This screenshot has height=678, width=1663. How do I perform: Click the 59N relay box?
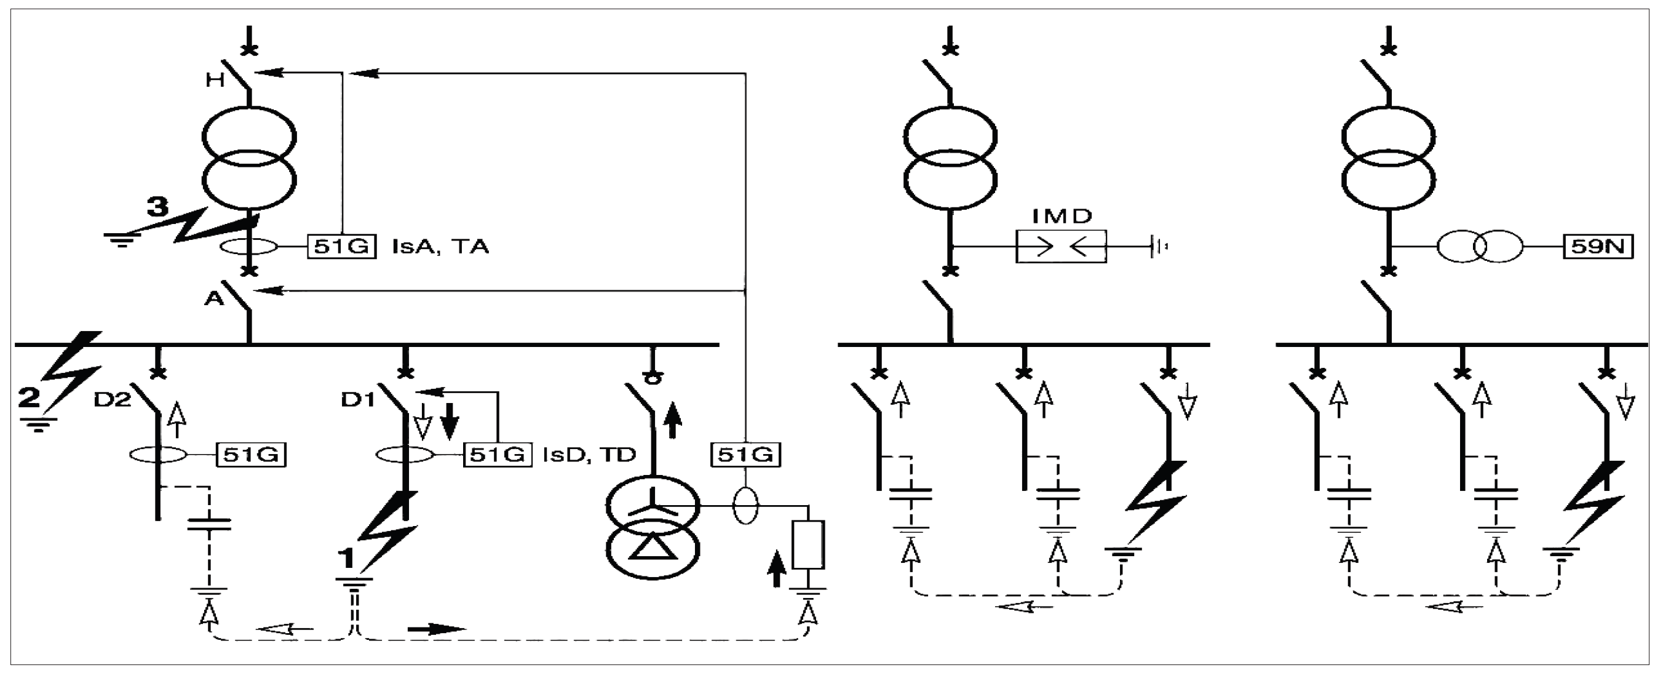[x=1598, y=247]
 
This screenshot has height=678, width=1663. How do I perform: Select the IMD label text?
[x=1062, y=216]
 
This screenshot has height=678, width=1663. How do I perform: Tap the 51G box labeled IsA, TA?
[x=341, y=246]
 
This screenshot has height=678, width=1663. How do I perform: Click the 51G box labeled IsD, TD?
[x=497, y=455]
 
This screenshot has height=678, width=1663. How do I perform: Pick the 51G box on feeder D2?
[x=250, y=455]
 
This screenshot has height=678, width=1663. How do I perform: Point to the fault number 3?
[x=157, y=207]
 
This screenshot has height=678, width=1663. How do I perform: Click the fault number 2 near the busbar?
[x=28, y=397]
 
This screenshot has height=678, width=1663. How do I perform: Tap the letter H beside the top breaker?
[x=215, y=80]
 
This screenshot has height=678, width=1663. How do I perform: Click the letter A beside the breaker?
[x=213, y=298]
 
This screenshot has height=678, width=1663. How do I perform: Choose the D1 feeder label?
[x=358, y=401]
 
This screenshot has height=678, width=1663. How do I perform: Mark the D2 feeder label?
[x=113, y=401]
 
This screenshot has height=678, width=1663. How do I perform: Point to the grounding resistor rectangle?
[x=808, y=545]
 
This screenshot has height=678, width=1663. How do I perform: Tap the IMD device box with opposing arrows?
[x=1062, y=247]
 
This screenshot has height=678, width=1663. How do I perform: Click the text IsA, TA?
[x=440, y=247]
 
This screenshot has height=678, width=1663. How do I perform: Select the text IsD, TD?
[x=589, y=455]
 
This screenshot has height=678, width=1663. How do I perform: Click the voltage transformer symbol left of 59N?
[x=1480, y=247]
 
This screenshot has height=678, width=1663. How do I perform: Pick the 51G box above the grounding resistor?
[x=745, y=455]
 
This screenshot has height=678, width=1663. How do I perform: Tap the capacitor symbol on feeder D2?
[x=209, y=524]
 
